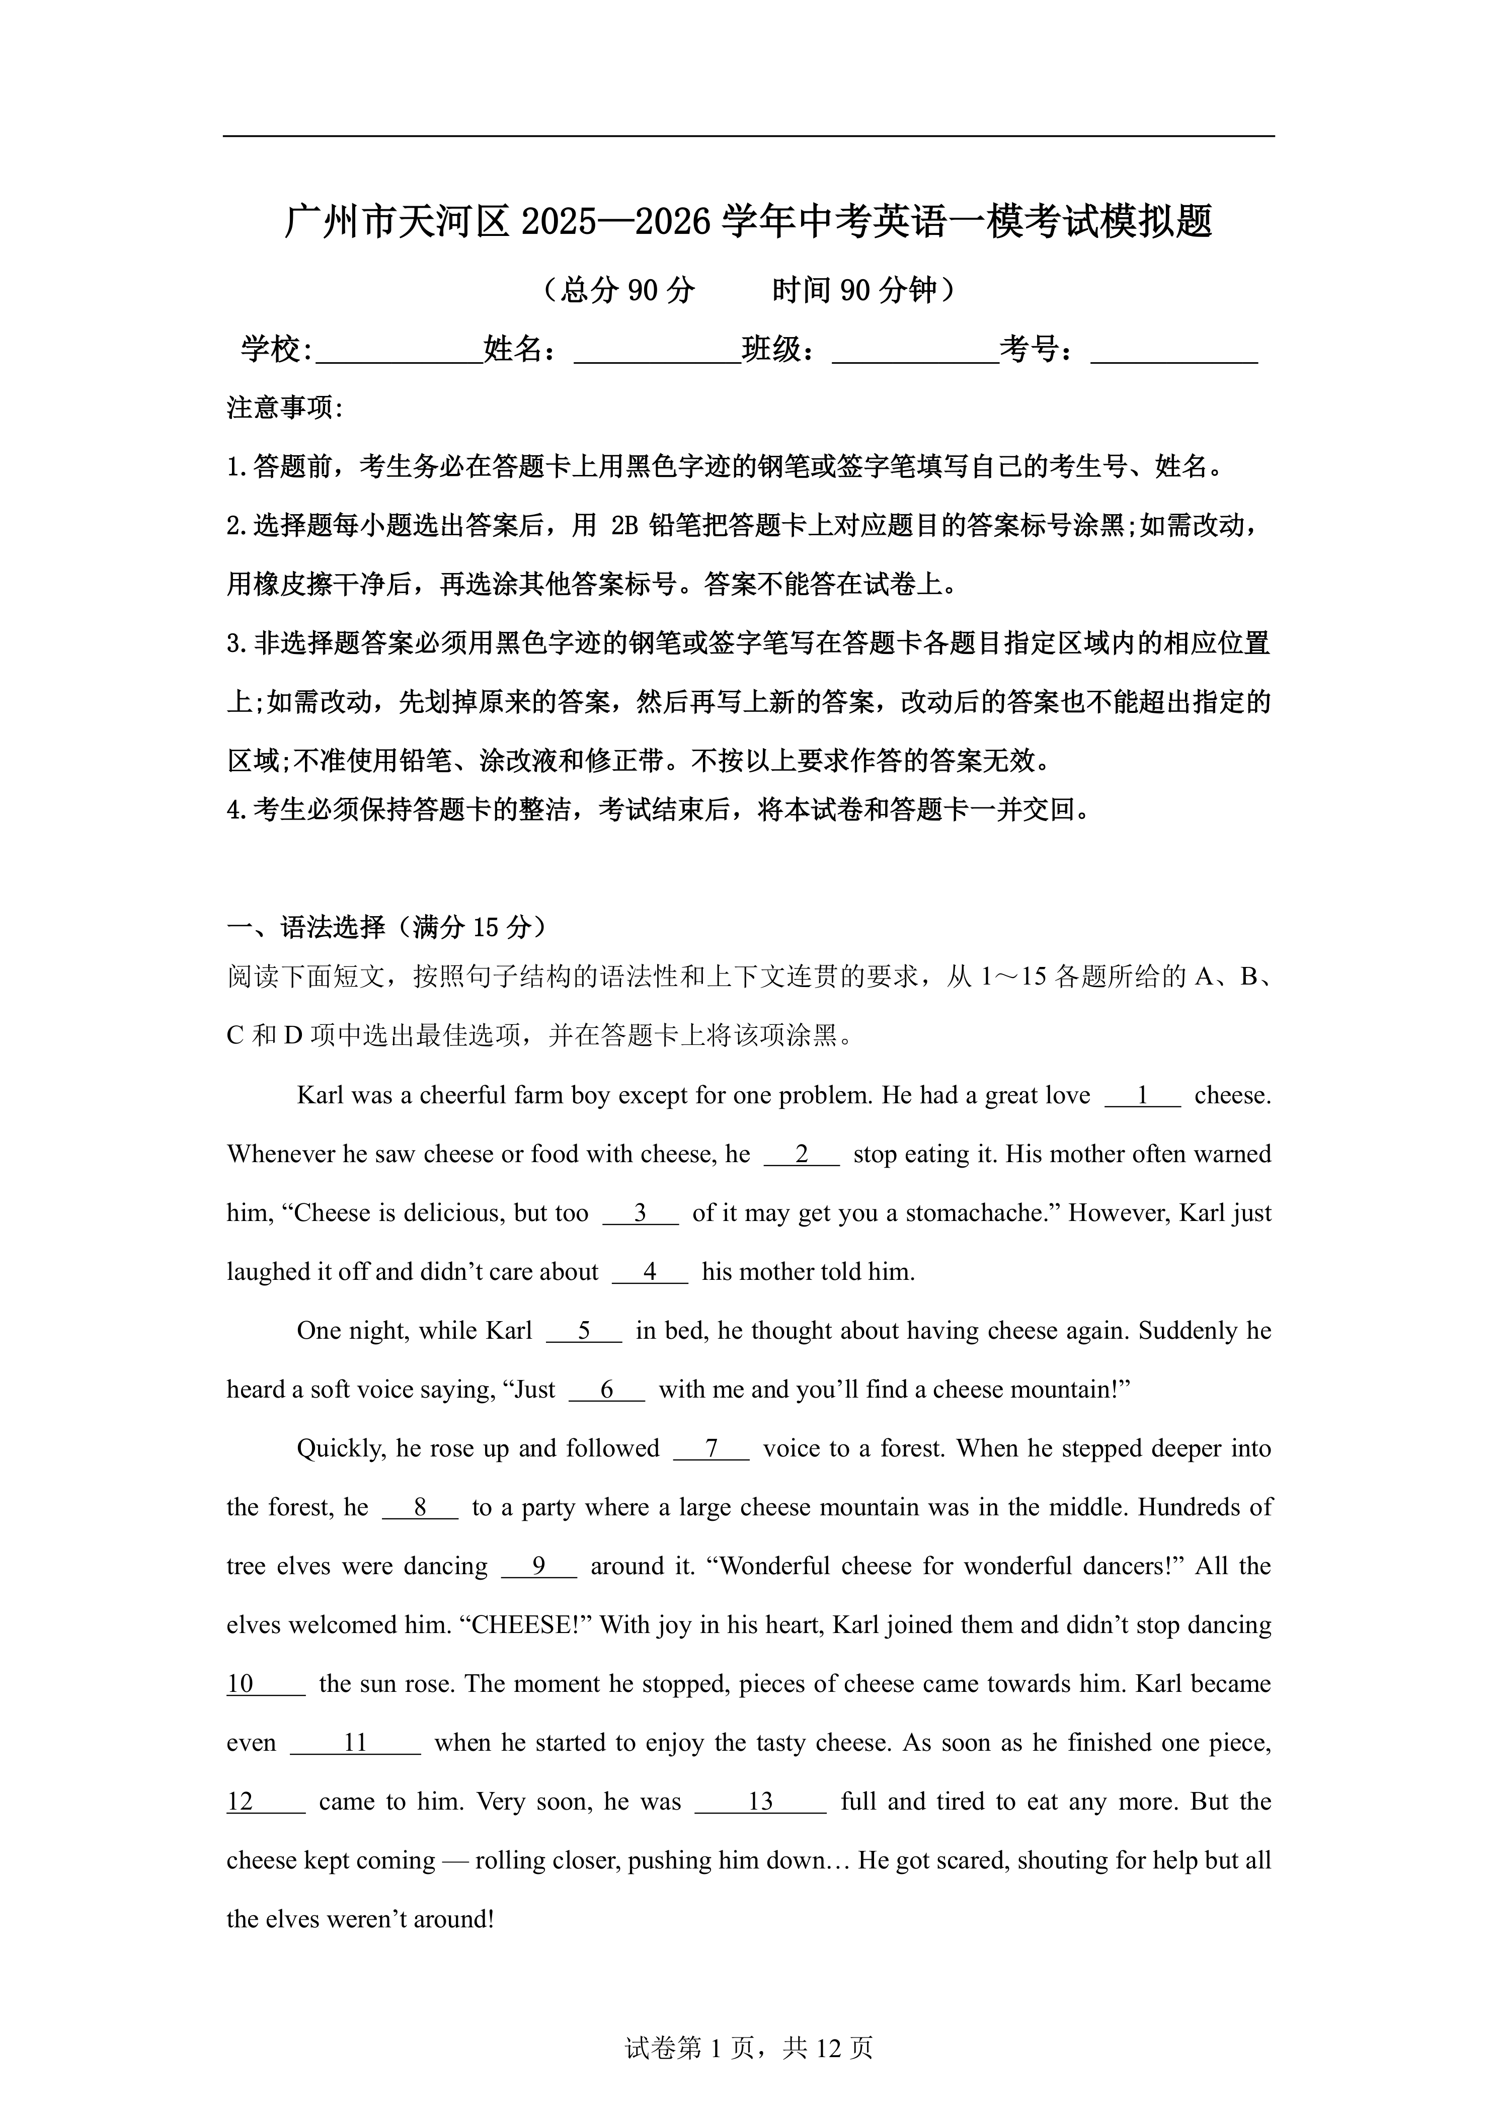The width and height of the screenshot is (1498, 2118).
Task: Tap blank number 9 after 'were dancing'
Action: (x=539, y=1566)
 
